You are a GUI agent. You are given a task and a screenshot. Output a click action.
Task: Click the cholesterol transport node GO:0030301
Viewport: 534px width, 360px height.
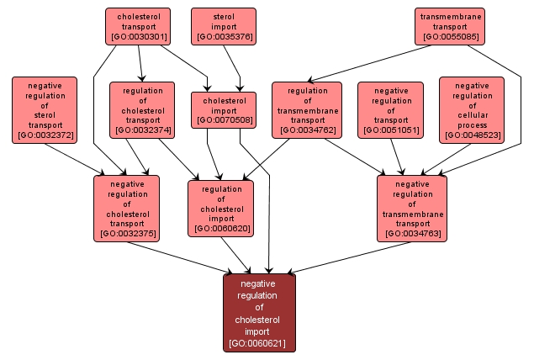[x=138, y=26]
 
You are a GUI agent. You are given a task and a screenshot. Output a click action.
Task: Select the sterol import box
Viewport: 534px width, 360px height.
[x=223, y=26]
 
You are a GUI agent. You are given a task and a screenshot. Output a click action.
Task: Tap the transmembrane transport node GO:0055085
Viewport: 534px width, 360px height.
[x=451, y=26]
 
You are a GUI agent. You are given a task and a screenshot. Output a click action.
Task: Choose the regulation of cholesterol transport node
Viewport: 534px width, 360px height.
[x=142, y=109]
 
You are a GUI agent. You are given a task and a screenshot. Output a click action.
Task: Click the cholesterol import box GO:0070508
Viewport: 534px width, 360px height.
[x=223, y=109]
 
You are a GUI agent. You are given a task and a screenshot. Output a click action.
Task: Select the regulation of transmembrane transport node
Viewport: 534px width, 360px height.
[x=307, y=109]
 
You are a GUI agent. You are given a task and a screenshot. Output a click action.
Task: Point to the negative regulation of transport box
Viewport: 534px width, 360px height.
[x=391, y=109]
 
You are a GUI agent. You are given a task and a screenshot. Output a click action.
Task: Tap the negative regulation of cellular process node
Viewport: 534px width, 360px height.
[x=472, y=109]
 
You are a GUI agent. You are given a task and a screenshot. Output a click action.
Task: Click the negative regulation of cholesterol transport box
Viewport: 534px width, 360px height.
[x=127, y=208]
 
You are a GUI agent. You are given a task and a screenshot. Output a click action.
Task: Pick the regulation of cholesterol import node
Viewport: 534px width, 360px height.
[x=221, y=208]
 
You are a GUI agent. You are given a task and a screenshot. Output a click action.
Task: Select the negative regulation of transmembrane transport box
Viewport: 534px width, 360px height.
[x=412, y=208]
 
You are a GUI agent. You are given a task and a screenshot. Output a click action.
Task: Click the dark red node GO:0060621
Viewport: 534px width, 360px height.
[x=259, y=313]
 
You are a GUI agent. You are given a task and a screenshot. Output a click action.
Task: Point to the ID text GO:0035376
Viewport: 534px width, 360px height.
[x=223, y=37]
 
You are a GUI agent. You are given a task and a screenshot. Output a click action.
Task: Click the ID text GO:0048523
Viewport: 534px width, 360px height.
[x=472, y=135]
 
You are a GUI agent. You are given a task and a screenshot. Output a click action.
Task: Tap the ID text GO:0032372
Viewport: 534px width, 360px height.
[x=45, y=135]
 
